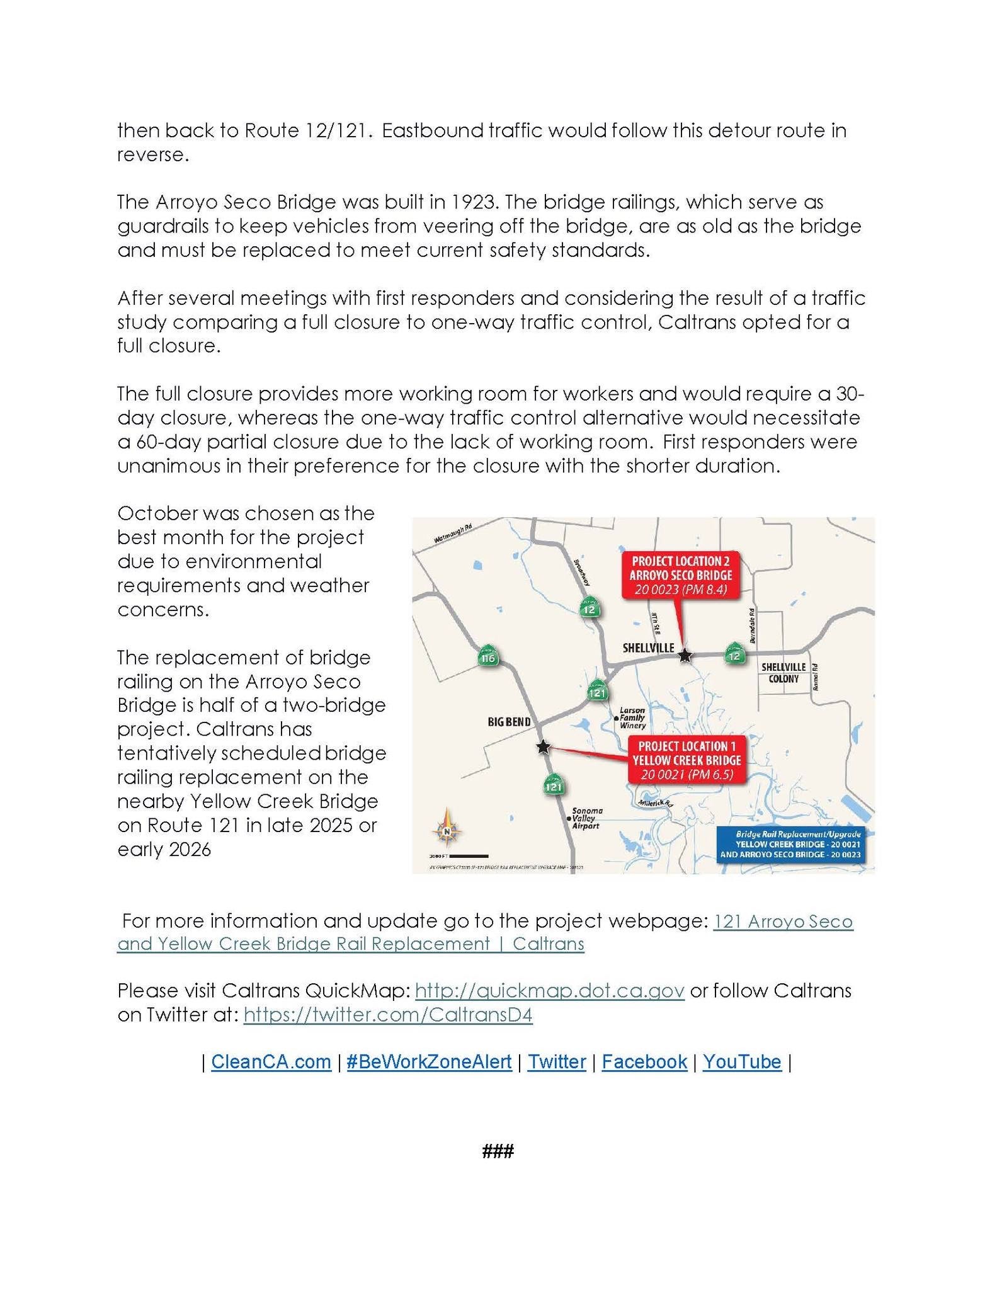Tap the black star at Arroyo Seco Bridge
pyautogui.click(x=685, y=656)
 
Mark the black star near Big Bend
pyautogui.click(x=543, y=747)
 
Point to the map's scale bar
pyautogui.click(x=470, y=856)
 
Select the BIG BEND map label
pyautogui.click(x=509, y=722)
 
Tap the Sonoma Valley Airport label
pyautogui.click(x=586, y=818)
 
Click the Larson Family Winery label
pyautogui.click(x=632, y=717)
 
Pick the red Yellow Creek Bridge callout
pyautogui.click(x=687, y=760)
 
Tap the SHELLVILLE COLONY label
pyautogui.click(x=783, y=673)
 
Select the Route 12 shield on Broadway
pyautogui.click(x=590, y=608)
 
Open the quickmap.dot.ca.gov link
pyautogui.click(x=549, y=991)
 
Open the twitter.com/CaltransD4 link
pyautogui.click(x=388, y=1015)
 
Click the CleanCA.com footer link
pyautogui.click(x=271, y=1061)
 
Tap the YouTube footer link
pyautogui.click(x=741, y=1061)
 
